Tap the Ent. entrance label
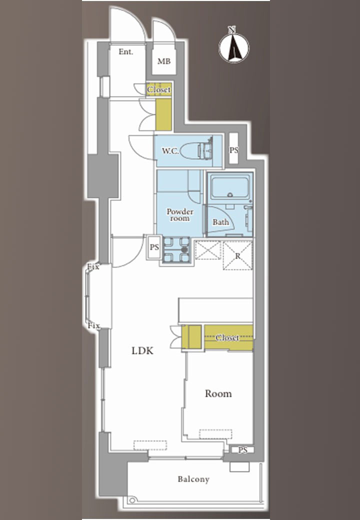click(x=125, y=51)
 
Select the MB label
click(x=164, y=61)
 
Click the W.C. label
click(x=170, y=151)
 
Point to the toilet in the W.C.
click(x=197, y=150)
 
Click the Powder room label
click(x=180, y=215)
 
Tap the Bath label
click(x=221, y=222)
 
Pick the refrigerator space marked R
click(x=237, y=255)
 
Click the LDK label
click(x=142, y=350)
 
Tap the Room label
click(x=218, y=393)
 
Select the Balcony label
click(x=193, y=479)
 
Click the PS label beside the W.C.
click(x=233, y=150)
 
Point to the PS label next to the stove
click(x=154, y=247)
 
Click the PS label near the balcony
click(x=243, y=450)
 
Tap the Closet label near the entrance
click(x=159, y=89)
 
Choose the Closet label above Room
click(x=227, y=337)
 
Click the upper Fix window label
click(x=93, y=266)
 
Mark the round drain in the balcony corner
click(x=132, y=500)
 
